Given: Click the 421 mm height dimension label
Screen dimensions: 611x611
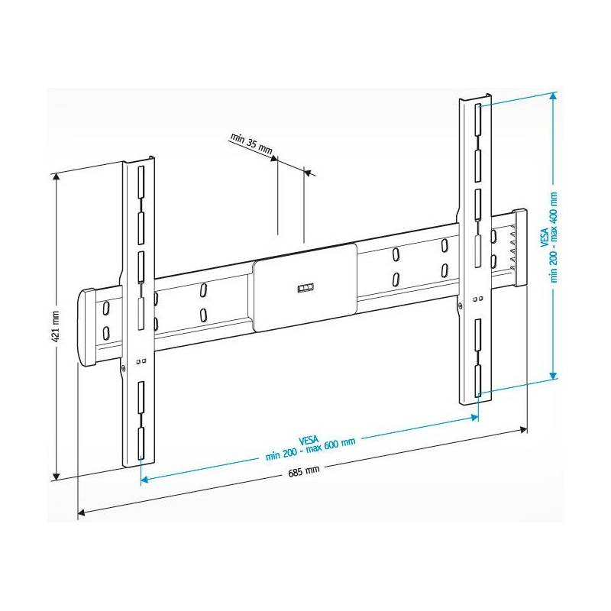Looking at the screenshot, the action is (x=56, y=327).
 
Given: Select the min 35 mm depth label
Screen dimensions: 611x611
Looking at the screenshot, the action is (x=251, y=144).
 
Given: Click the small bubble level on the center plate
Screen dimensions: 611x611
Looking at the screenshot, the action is (x=306, y=288).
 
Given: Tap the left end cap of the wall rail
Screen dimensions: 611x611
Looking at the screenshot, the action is (x=87, y=328).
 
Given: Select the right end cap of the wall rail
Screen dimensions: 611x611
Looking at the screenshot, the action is (x=520, y=247).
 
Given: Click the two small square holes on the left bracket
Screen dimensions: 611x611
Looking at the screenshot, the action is (x=141, y=361).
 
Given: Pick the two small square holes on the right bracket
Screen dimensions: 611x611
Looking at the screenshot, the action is (x=478, y=299).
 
